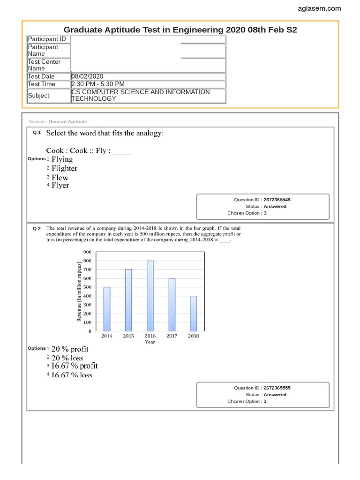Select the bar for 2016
click(x=150, y=296)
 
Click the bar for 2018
click(x=193, y=313)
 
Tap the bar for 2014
click(x=107, y=309)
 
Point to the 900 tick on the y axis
click(x=87, y=252)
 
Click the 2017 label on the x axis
click(x=172, y=336)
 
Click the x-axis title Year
click(x=150, y=342)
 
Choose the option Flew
click(x=60, y=177)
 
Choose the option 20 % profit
click(x=70, y=349)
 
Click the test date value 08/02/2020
click(x=87, y=76)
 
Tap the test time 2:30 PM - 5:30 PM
click(x=97, y=84)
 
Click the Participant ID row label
click(x=47, y=39)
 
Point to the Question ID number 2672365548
click(x=280, y=200)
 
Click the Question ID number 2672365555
click(x=280, y=388)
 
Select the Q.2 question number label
click(x=37, y=229)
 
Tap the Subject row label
click(x=38, y=95)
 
